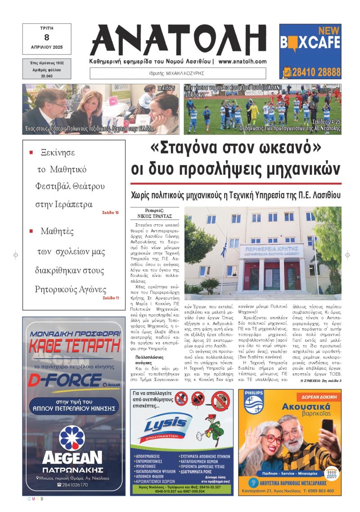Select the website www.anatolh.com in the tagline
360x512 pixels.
[x=243, y=62]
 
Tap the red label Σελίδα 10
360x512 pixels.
[x=110, y=212]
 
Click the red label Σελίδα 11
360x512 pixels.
[x=110, y=298]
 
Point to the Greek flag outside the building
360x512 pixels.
[x=224, y=249]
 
